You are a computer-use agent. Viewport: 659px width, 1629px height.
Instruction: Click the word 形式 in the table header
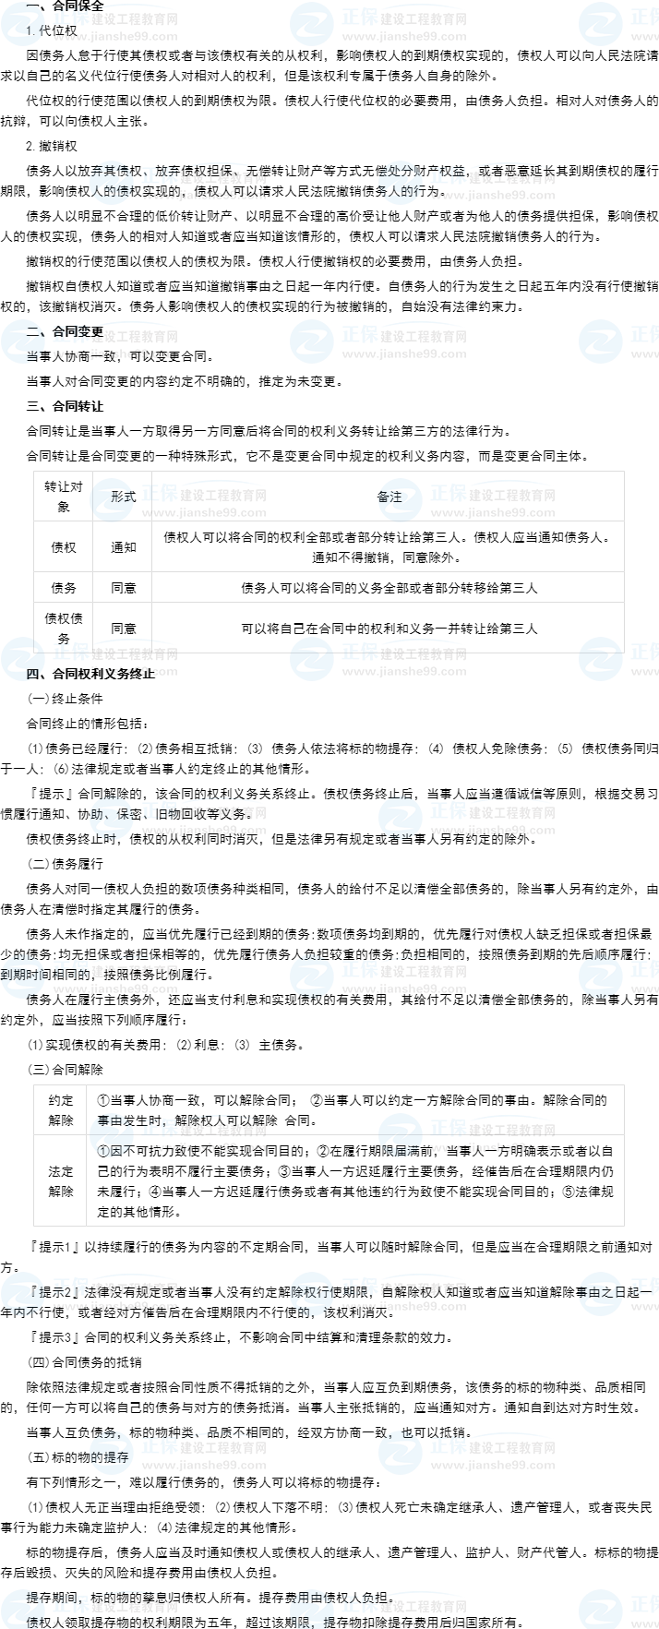coord(123,497)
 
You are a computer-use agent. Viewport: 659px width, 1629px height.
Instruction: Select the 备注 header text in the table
coord(390,497)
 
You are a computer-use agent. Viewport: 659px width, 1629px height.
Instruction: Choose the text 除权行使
coord(311,1292)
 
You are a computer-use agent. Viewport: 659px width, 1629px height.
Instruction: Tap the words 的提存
coord(110,1457)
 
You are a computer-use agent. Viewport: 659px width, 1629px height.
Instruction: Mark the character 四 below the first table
coord(32,674)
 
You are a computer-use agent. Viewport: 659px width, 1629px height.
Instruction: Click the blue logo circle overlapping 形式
coord(112,499)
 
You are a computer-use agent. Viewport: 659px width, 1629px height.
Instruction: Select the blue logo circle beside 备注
coord(401,499)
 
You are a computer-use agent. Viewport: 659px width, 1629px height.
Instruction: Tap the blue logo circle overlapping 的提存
coord(112,1452)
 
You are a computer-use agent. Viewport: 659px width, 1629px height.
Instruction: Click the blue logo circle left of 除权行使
coord(312,1293)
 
